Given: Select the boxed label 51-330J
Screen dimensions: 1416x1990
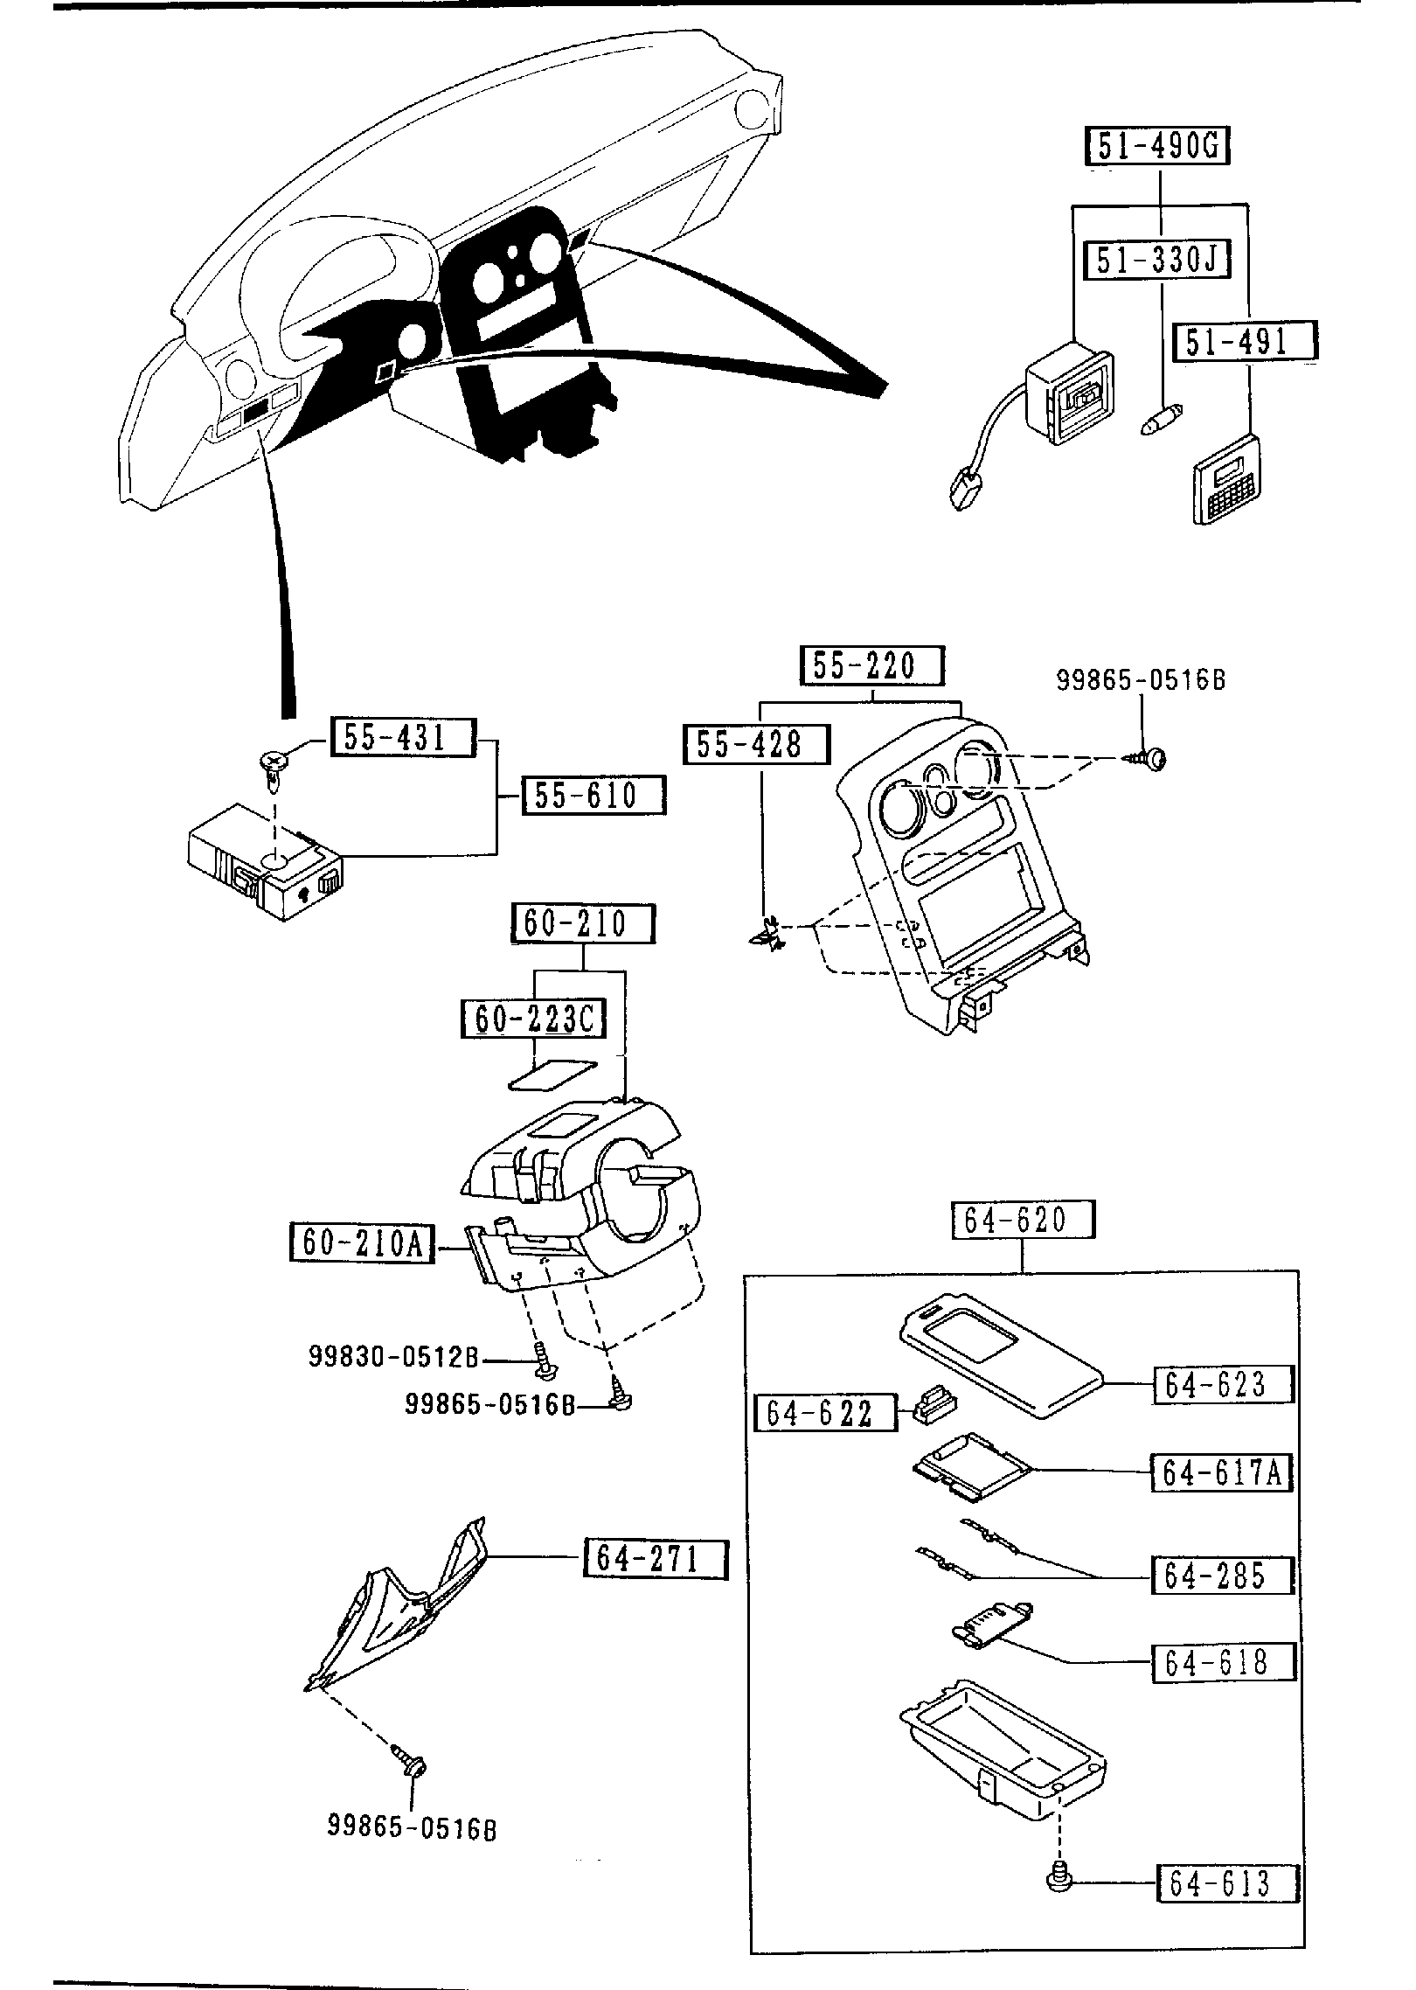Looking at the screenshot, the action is click(x=1157, y=261).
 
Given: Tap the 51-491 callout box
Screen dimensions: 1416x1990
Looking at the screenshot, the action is click(x=1249, y=341).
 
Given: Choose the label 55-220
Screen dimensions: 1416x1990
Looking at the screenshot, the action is click(x=872, y=666).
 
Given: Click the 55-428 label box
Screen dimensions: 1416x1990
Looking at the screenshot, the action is click(x=757, y=744).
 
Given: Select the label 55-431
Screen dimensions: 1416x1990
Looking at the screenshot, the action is click(x=403, y=737).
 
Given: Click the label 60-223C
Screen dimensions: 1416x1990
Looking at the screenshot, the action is click(x=533, y=1019).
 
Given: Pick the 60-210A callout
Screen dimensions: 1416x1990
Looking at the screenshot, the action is click(x=362, y=1243).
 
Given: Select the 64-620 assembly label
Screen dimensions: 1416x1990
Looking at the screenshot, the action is click(x=1022, y=1219).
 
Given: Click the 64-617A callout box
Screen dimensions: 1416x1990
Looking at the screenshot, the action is click(x=1222, y=1473).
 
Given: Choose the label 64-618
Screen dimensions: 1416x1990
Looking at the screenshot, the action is click(x=1222, y=1662).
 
